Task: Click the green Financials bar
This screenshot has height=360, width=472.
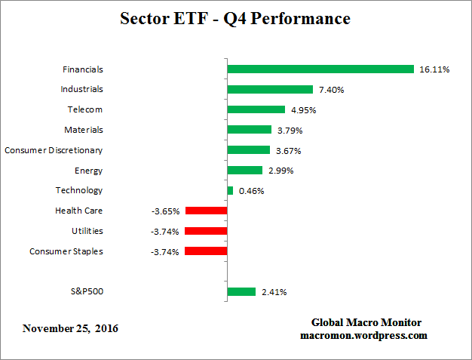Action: [320, 69]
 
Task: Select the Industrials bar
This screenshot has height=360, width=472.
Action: [270, 89]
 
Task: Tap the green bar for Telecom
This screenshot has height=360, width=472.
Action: [256, 109]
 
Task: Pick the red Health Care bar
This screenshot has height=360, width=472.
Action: [206, 211]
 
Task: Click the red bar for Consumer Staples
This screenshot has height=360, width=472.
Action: [206, 251]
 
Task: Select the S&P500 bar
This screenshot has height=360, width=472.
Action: [241, 291]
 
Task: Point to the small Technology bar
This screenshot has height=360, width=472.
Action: [230, 190]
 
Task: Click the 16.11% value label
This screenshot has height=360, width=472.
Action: [434, 69]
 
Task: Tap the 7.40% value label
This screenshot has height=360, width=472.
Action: [332, 90]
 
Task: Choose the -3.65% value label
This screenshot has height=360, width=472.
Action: [165, 211]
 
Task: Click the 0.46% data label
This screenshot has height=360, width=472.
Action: [252, 191]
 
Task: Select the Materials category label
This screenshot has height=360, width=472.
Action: [84, 130]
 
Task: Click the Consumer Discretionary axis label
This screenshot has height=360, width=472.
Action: [54, 150]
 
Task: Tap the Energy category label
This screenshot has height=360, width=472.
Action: [89, 171]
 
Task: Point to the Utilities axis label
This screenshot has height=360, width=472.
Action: [87, 231]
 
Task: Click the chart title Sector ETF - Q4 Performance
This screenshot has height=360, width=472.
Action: [235, 19]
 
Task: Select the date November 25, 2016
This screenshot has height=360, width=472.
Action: [70, 328]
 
